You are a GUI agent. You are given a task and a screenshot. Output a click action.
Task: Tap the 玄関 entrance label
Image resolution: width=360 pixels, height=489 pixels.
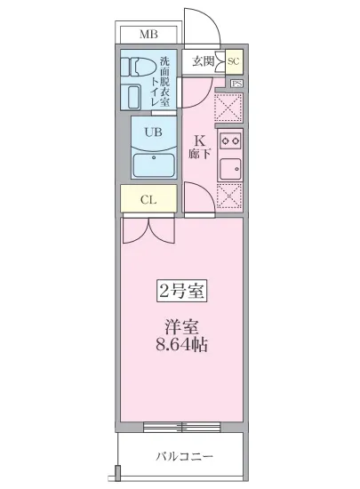[x=203, y=61]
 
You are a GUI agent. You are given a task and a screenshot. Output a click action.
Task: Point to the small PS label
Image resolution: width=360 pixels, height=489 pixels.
[x=236, y=84]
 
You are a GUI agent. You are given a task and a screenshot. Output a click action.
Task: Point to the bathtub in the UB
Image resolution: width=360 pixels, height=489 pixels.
[x=152, y=165]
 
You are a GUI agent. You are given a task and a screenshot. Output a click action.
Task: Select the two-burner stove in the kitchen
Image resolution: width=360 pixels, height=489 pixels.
[x=230, y=140]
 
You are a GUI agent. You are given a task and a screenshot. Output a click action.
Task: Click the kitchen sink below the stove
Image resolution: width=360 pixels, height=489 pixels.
[x=230, y=167]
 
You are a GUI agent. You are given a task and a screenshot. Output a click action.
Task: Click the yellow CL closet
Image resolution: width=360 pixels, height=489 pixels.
[x=149, y=199]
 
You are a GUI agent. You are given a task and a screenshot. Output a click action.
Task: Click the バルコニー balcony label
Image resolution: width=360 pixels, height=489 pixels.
[x=180, y=457]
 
